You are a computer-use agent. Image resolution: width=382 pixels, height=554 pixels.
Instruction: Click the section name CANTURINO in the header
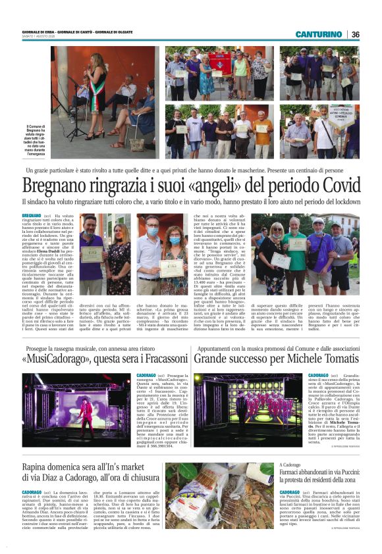319,34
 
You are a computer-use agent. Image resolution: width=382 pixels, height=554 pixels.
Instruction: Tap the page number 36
355,34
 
